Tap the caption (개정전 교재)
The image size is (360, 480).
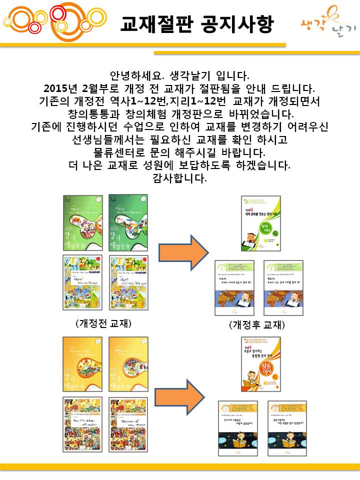pyautogui.click(x=103, y=323)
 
